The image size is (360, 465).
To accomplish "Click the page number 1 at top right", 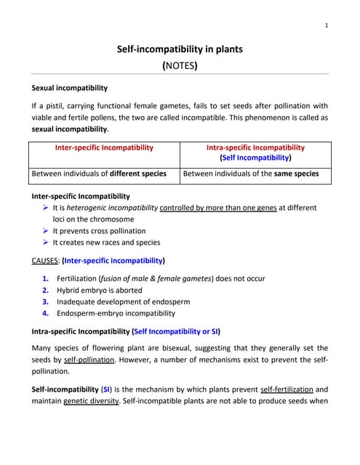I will [x=327, y=25].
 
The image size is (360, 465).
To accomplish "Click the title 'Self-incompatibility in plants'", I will [x=180, y=49].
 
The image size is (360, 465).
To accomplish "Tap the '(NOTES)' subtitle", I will [x=180, y=65].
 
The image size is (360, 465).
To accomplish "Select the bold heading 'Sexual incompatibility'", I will [x=70, y=88].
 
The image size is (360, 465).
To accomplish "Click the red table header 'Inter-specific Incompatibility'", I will [x=104, y=147].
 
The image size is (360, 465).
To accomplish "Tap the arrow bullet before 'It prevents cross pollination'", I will [x=46, y=230].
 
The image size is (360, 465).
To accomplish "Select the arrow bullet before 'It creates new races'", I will [x=46, y=242].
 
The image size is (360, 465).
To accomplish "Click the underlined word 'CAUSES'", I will [x=45, y=260].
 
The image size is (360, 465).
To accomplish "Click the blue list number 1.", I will [x=46, y=278].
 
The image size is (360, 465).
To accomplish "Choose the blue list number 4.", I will [x=46, y=313].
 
